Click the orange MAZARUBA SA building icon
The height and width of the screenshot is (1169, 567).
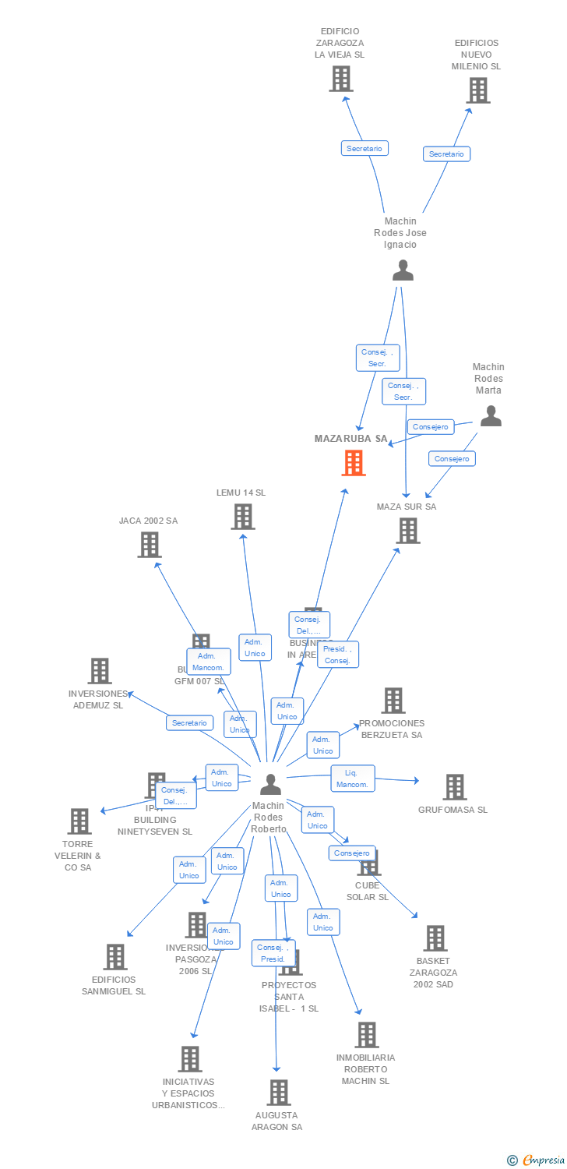[354, 463]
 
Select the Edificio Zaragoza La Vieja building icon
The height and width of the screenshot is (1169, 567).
[340, 79]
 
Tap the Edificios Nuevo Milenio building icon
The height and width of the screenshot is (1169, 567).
[477, 90]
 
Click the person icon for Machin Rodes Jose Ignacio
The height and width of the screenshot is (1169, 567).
[403, 270]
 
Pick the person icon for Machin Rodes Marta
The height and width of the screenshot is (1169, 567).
[491, 416]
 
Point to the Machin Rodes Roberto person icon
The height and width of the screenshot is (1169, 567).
[270, 784]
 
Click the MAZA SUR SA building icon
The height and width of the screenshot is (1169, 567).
[407, 531]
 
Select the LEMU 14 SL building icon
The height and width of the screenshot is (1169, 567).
[242, 517]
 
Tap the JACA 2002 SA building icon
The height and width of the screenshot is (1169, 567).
[149, 545]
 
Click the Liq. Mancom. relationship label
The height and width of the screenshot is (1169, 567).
[353, 779]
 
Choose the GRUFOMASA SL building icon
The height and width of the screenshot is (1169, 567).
[454, 787]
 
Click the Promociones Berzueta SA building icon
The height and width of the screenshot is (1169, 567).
[393, 701]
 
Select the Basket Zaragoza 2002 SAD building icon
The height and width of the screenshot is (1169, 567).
[435, 938]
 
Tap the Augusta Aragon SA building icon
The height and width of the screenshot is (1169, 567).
[278, 1093]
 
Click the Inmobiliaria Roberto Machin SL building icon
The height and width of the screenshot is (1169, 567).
[366, 1035]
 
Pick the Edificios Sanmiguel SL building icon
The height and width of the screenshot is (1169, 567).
[114, 957]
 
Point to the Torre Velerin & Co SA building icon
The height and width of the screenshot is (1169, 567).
[79, 821]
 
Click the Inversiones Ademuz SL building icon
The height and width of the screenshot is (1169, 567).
[99, 671]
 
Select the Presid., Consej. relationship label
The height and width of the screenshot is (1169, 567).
[338, 655]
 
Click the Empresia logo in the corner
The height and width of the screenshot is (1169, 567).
[537, 1160]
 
